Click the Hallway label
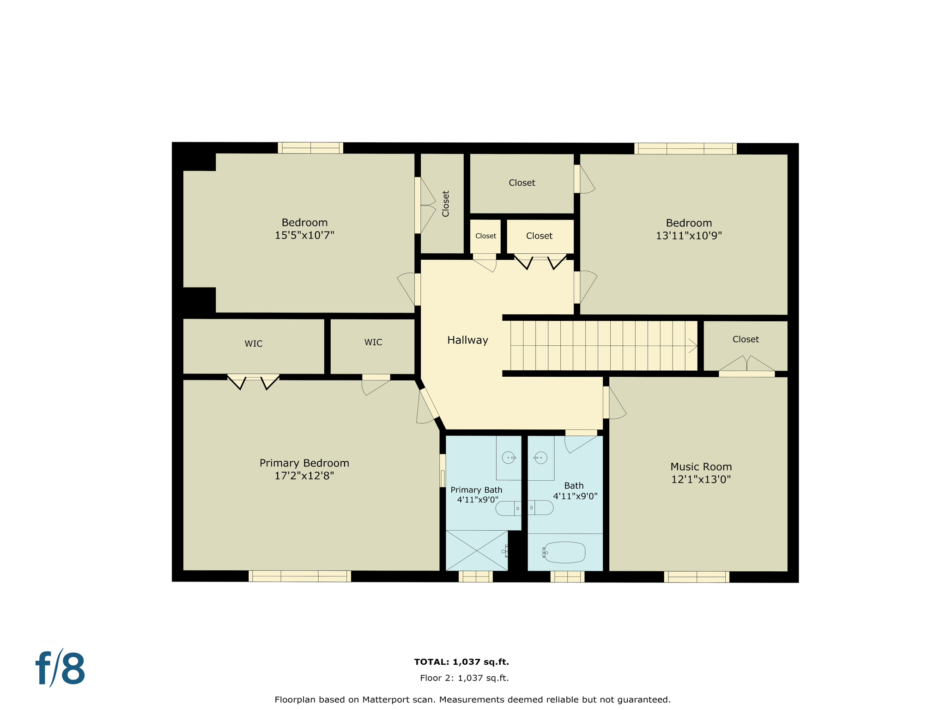pos(467,340)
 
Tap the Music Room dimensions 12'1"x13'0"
pos(701,479)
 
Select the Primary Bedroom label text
pos(304,463)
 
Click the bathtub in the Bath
pos(564,552)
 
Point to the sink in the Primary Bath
pos(508,458)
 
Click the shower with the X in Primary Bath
pos(476,551)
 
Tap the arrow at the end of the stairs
pos(693,346)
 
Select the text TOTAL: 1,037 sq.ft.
pos(461,662)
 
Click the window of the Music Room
pos(696,577)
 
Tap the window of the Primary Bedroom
pos(299,576)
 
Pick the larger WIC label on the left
pos(253,343)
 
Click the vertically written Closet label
pos(445,203)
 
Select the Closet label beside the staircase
pos(746,339)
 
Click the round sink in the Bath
pos(540,458)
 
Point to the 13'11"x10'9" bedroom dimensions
pos(689,235)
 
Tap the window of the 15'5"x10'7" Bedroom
pos(310,148)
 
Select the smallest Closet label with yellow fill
pos(485,236)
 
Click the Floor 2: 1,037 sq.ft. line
pos(464,678)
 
